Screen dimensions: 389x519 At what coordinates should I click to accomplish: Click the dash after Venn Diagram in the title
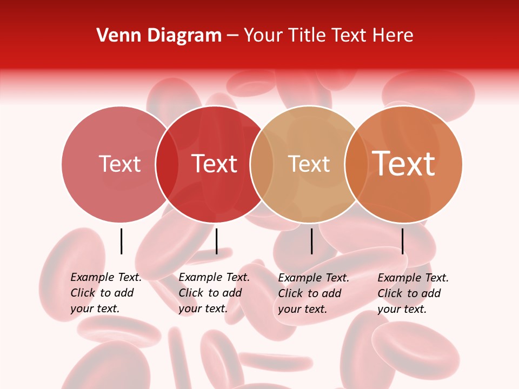[x=232, y=36]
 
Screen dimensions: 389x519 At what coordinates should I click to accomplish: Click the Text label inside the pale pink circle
[x=119, y=164]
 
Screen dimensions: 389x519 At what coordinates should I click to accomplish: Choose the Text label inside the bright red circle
[x=215, y=164]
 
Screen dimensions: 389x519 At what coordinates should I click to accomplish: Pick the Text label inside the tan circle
[x=309, y=164]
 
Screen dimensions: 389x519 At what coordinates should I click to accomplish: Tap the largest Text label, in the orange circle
[x=404, y=164]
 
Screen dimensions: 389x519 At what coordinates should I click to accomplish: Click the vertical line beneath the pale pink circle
[x=121, y=241]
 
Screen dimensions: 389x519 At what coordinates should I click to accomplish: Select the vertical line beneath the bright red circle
[x=216, y=241]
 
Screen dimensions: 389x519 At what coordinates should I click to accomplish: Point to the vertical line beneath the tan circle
[x=312, y=241]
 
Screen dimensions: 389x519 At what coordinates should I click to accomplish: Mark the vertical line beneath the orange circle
[x=403, y=241]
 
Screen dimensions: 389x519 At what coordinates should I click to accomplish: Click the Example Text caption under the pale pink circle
[x=105, y=293]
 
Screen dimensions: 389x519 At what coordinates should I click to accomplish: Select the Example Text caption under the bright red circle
[x=214, y=293]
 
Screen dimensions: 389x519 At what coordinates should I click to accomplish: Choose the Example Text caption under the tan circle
[x=313, y=293]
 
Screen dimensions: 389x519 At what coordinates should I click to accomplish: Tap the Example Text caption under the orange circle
[x=412, y=293]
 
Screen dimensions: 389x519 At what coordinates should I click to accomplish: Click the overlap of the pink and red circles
[x=167, y=164]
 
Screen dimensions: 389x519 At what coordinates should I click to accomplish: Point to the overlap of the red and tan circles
[x=262, y=164]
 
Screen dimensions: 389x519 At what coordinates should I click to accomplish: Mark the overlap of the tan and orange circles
[x=356, y=164]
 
